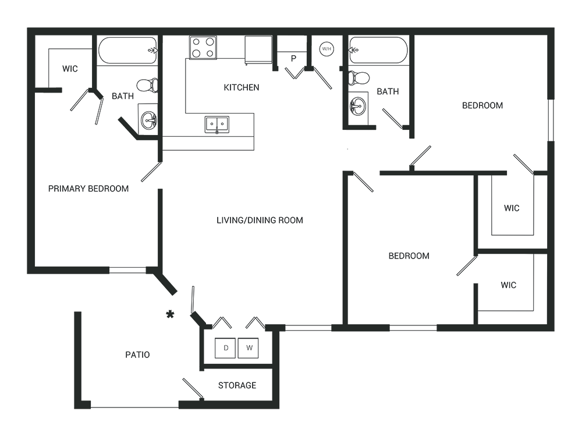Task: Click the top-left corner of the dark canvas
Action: pos(27,28)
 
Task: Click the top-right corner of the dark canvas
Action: pos(554,28)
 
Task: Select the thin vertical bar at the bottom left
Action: pos(81,355)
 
